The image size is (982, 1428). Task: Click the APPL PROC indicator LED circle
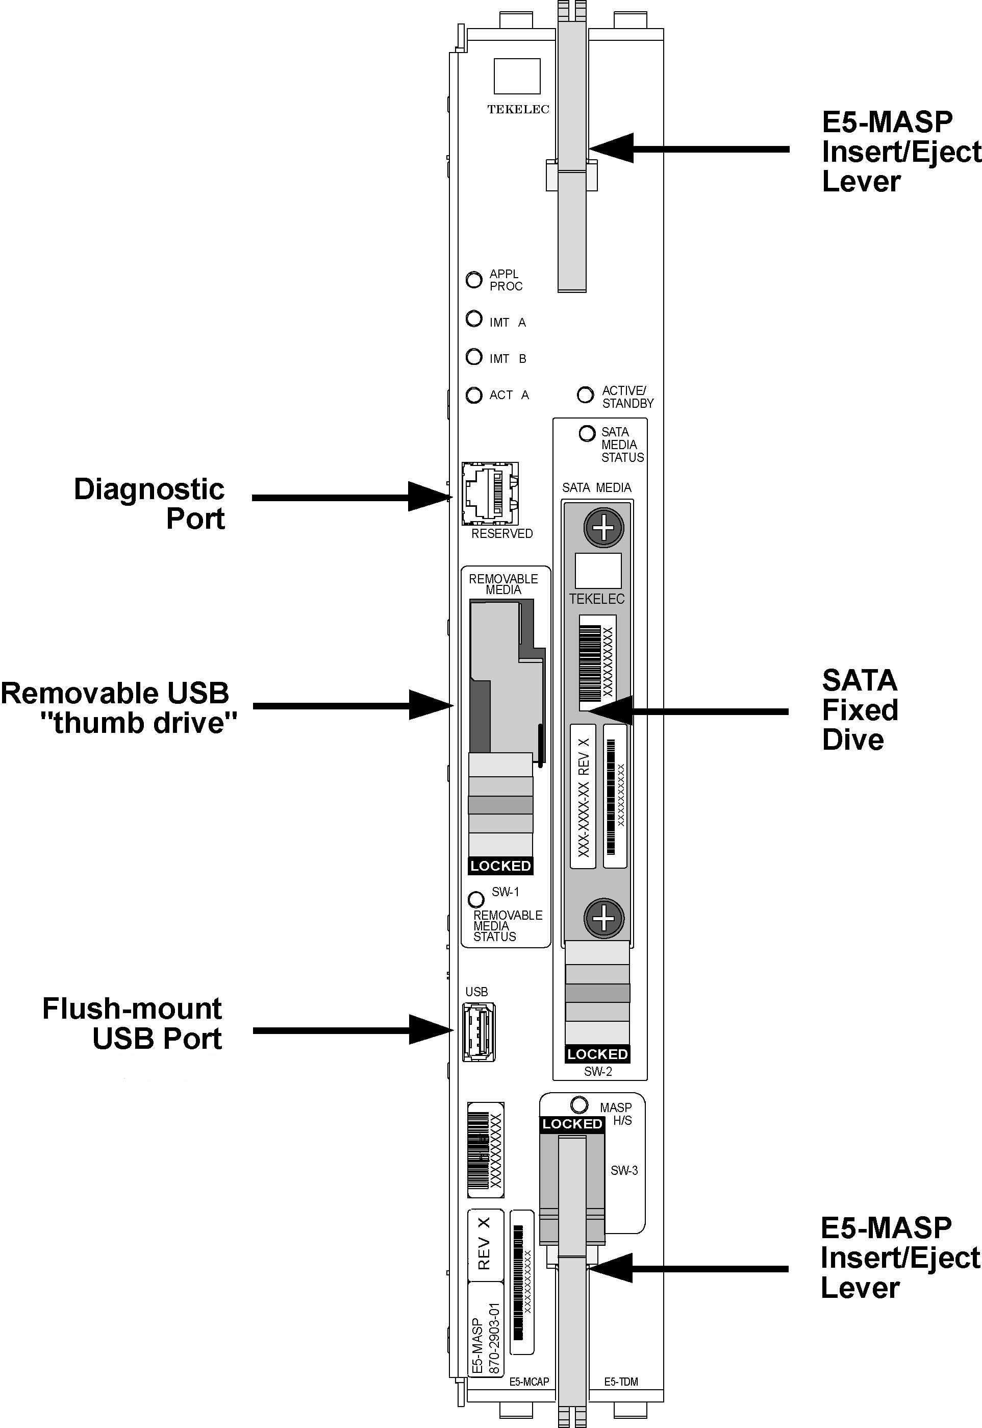[474, 280]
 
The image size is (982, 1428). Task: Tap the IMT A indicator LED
[474, 319]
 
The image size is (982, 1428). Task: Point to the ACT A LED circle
[474, 395]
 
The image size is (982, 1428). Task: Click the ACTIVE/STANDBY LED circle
[585, 395]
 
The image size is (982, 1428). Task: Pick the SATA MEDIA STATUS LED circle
[587, 433]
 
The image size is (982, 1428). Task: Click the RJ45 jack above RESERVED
[490, 494]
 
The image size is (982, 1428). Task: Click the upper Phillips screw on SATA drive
[603, 528]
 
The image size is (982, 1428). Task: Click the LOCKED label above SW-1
[500, 866]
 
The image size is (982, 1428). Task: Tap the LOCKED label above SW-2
[597, 1054]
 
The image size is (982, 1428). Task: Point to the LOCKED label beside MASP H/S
[572, 1124]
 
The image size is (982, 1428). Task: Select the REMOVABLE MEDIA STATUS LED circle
[475, 900]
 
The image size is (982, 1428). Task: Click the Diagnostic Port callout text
[149, 504]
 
